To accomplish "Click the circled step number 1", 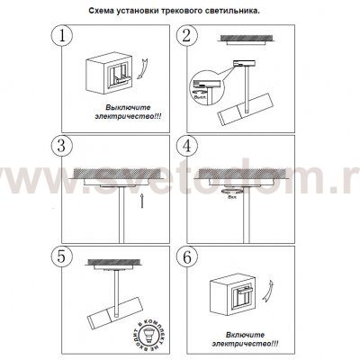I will [x=61, y=37].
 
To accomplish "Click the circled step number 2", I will [x=188, y=37].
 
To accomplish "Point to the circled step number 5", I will [x=61, y=254].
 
